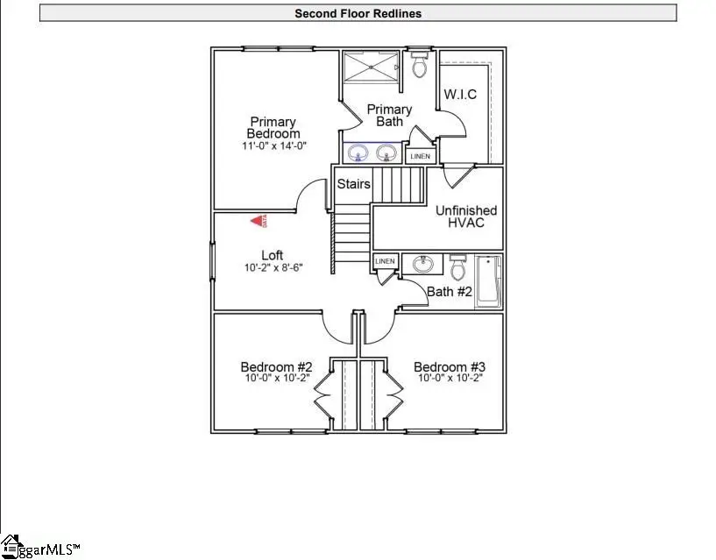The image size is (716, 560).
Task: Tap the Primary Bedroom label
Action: (273, 128)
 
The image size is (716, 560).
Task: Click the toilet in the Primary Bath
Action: (419, 65)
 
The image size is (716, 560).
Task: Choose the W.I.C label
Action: (460, 95)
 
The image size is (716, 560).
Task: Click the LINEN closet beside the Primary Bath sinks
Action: (421, 156)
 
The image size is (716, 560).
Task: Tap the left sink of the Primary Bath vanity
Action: (358, 154)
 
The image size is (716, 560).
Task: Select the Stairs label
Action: (354, 185)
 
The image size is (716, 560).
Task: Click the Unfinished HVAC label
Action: (466, 216)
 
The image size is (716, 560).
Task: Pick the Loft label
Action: (272, 256)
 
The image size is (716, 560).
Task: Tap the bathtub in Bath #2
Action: (487, 282)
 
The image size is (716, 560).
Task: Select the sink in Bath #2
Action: (423, 264)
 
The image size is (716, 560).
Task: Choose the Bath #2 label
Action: (450, 292)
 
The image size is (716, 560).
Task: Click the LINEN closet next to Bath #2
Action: (385, 262)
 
